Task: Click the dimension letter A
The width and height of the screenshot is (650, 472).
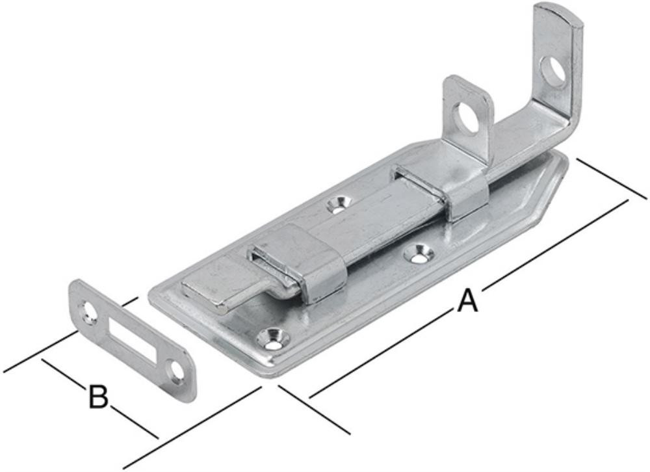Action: pyautogui.click(x=467, y=301)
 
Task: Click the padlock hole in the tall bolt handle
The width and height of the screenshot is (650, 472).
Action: pyautogui.click(x=554, y=72)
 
